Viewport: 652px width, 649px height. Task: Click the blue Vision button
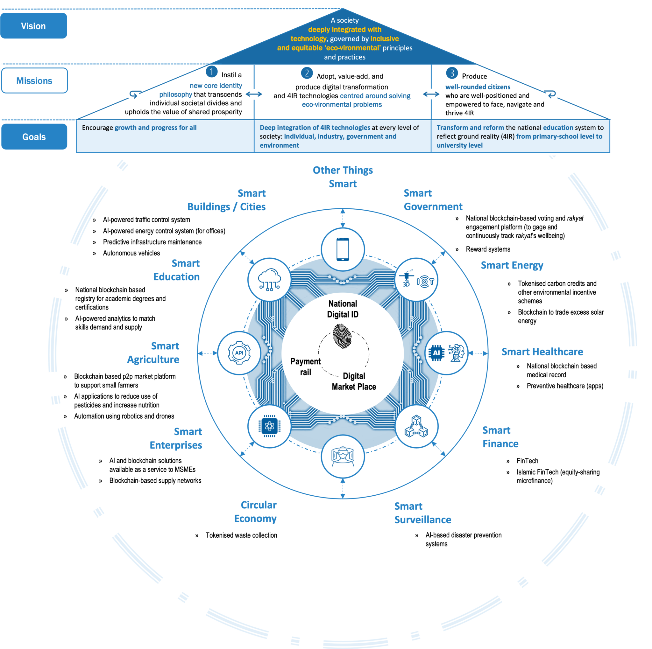[x=33, y=26]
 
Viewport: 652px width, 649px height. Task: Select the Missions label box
[x=34, y=80]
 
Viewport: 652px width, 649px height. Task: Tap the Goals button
[x=34, y=136]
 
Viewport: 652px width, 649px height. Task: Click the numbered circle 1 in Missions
[x=212, y=72]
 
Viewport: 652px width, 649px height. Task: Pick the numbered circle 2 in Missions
[x=307, y=73]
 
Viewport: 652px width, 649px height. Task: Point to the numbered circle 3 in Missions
[x=452, y=73]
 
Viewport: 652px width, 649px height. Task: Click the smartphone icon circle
[x=343, y=249]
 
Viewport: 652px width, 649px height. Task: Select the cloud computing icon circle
[x=269, y=280]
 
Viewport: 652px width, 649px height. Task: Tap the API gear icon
[x=239, y=353]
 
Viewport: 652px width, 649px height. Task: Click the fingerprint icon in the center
[x=342, y=336]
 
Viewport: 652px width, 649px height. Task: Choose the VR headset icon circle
[x=343, y=457]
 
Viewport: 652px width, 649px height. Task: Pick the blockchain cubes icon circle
[x=416, y=426]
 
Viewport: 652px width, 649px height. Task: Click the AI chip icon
[x=437, y=353]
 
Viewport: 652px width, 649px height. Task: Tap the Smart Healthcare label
[x=542, y=352]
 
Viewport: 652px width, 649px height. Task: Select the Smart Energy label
[x=512, y=265]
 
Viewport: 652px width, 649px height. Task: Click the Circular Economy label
[x=255, y=511]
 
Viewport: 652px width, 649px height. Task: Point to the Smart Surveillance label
[x=422, y=513]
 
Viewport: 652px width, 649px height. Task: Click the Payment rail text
[x=305, y=367]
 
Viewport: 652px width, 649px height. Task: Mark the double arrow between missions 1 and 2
[x=254, y=94]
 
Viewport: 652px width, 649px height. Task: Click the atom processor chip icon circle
[x=269, y=426]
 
